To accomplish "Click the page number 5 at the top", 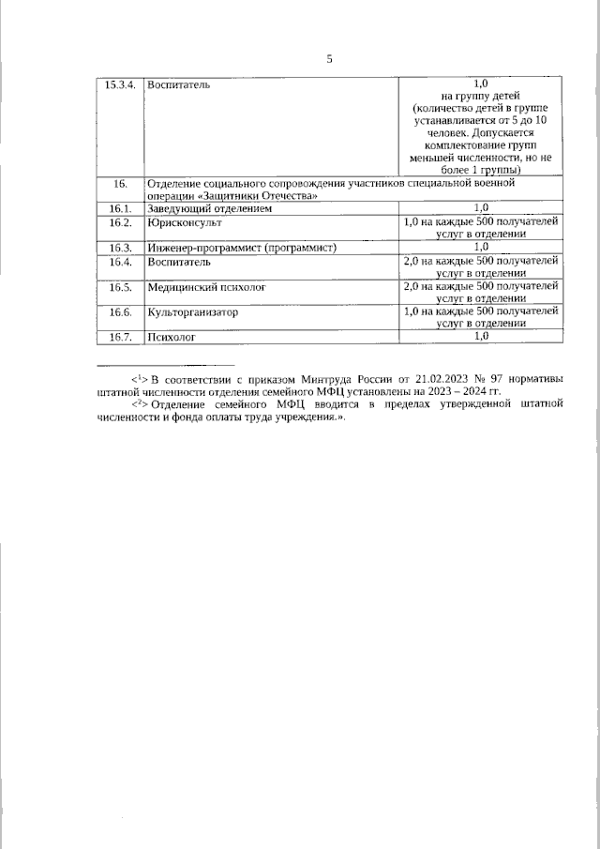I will [329, 59].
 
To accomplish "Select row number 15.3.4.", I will [119, 84].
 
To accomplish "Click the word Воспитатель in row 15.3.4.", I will [178, 84].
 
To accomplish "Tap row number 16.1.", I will [119, 208].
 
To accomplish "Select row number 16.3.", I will [119, 247].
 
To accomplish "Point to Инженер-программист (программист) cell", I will [241, 247].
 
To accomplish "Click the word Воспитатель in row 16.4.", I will [178, 261].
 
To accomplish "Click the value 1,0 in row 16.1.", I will [481, 208].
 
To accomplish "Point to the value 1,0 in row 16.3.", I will [481, 247].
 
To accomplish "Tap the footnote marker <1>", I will [140, 377].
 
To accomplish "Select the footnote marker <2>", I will [140, 403].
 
